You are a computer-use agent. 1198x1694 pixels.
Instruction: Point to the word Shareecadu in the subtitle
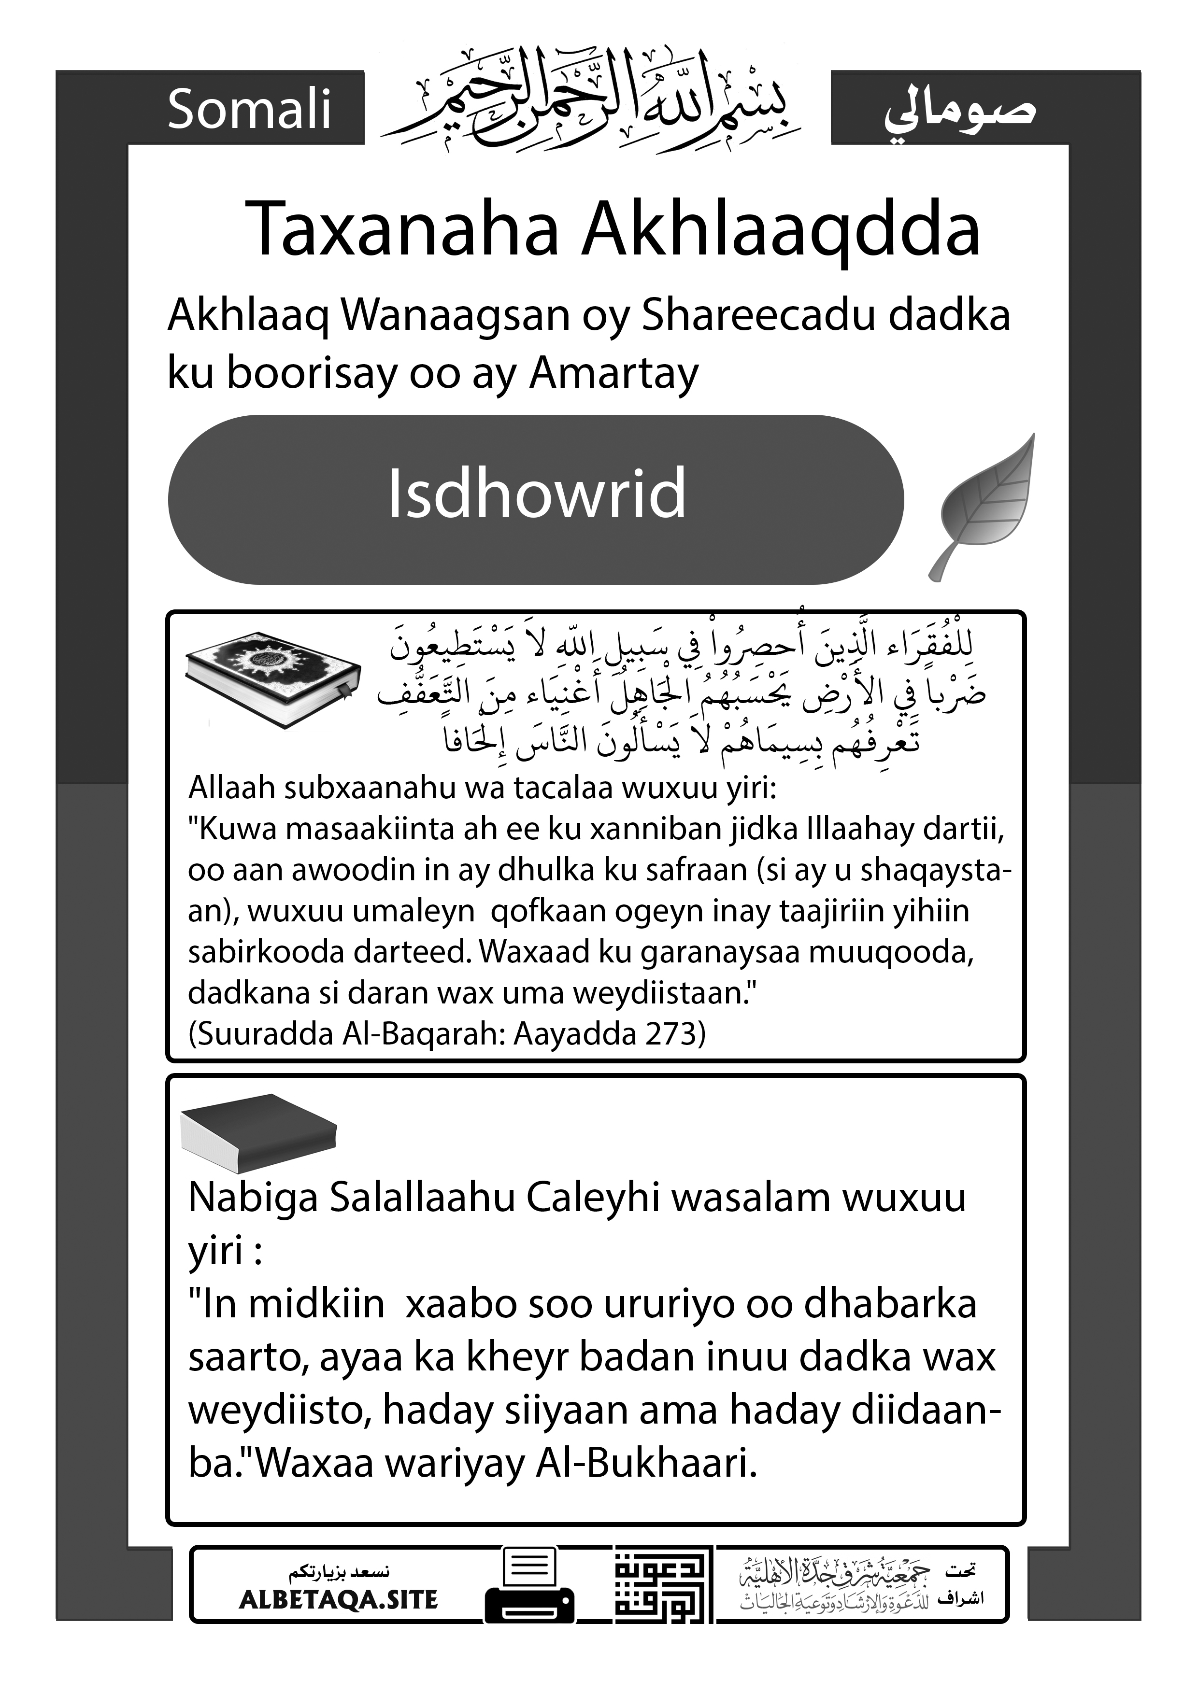[759, 316]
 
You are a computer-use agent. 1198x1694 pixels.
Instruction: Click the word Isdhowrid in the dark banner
[537, 494]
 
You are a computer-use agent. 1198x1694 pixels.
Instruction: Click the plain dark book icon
[258, 1138]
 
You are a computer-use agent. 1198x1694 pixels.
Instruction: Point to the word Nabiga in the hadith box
[253, 1198]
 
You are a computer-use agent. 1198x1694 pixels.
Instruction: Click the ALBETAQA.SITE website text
[339, 1599]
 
